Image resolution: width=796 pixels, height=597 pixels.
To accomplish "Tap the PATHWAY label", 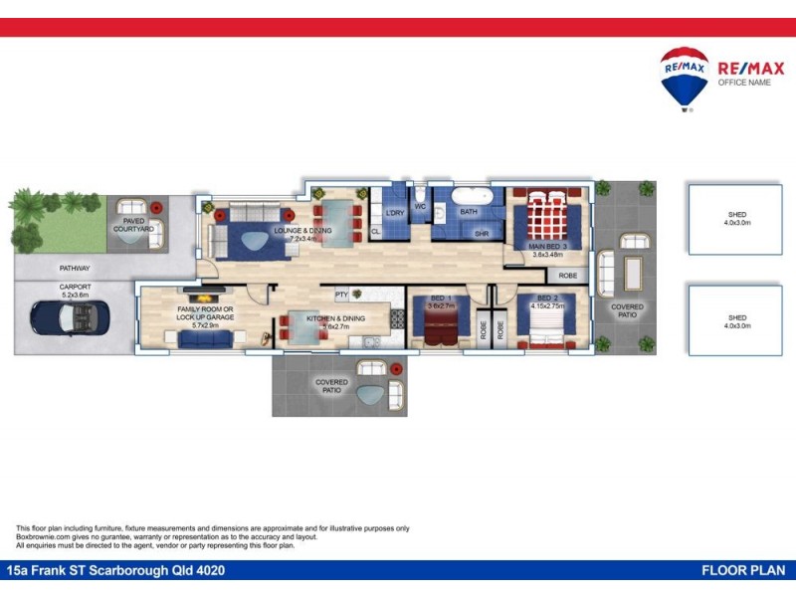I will [74, 269].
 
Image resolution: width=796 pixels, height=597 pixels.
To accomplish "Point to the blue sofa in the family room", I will [206, 339].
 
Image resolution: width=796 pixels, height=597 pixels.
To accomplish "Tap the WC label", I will [420, 207].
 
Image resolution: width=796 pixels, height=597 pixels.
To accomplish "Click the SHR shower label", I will [482, 234].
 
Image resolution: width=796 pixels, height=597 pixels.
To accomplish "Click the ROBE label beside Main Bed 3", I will [567, 276].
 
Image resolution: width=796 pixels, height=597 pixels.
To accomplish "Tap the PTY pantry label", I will [341, 295].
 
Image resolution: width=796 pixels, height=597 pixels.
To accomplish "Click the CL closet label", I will [375, 232].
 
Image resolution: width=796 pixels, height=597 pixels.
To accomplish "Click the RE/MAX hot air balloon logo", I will [685, 77].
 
